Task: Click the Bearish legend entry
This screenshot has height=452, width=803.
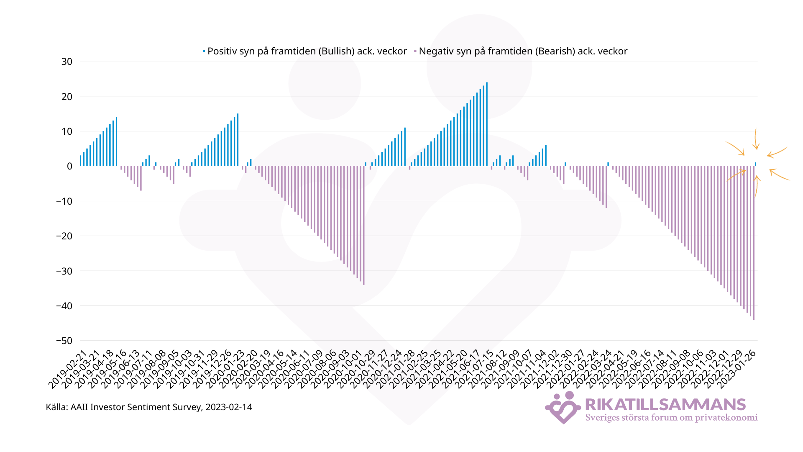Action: (523, 51)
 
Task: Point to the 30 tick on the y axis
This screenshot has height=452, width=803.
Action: (67, 62)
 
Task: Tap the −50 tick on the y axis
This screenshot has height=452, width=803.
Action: (64, 341)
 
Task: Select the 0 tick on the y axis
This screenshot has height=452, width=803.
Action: (69, 166)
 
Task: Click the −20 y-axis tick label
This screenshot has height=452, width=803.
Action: (64, 236)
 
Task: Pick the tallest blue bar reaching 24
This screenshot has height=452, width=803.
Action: (487, 124)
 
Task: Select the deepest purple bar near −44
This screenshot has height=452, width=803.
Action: (754, 243)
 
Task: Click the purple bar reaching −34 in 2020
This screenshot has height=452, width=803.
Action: (364, 226)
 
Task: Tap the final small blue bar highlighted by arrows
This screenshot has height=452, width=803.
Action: (756, 164)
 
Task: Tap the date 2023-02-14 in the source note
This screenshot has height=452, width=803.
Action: (229, 407)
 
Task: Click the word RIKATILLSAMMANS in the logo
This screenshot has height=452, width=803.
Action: (665, 404)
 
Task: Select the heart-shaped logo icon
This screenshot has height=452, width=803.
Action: (563, 408)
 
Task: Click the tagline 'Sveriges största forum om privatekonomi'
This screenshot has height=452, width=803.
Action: (671, 418)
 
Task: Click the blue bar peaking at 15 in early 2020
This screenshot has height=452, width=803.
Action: (238, 140)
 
